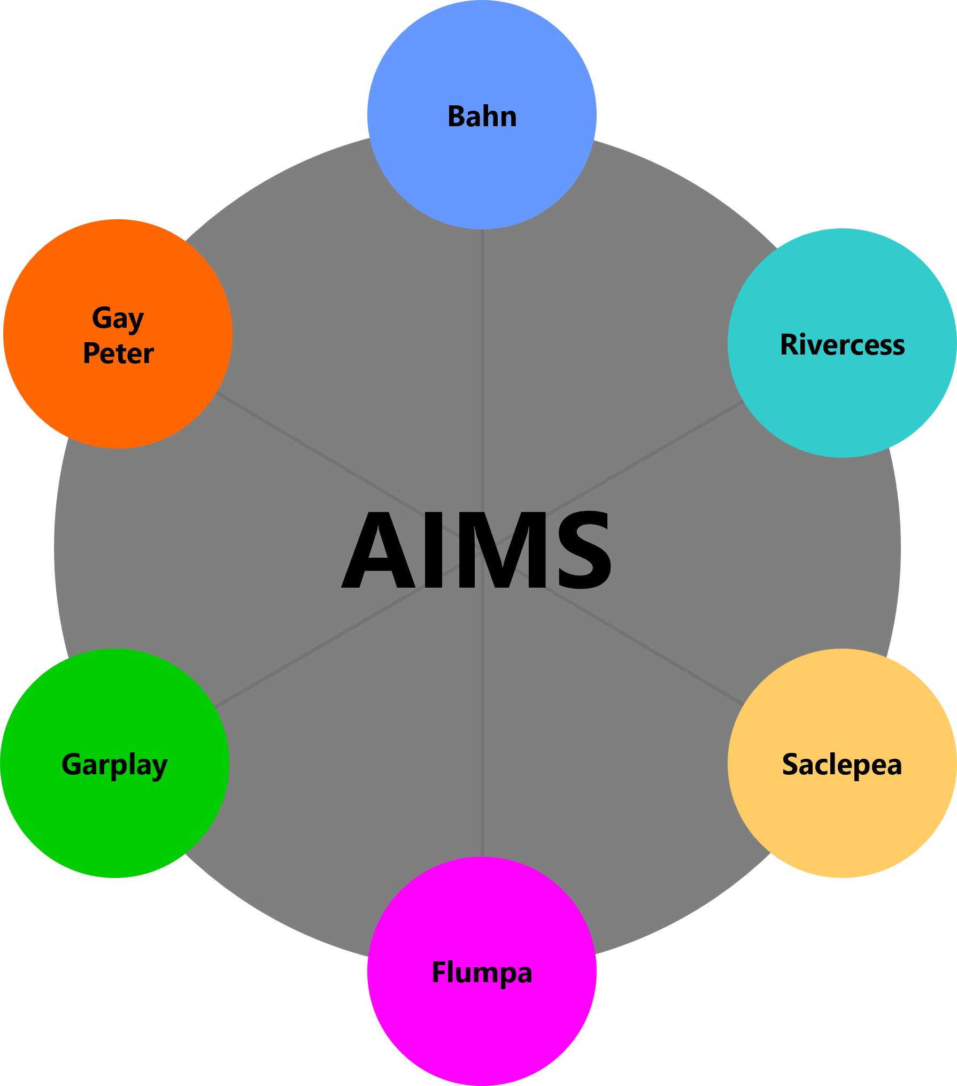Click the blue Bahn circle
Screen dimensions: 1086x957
(x=482, y=171)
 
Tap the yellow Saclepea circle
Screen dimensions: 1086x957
(x=842, y=818)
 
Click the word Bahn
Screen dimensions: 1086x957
(x=482, y=117)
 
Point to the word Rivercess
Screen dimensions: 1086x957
(x=842, y=345)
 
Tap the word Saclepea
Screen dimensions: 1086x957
(x=842, y=765)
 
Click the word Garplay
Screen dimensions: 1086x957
(x=114, y=765)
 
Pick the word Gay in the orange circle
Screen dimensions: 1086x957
(x=118, y=319)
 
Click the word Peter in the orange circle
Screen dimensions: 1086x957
(x=118, y=353)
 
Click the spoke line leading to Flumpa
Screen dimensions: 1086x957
(x=482, y=749)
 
